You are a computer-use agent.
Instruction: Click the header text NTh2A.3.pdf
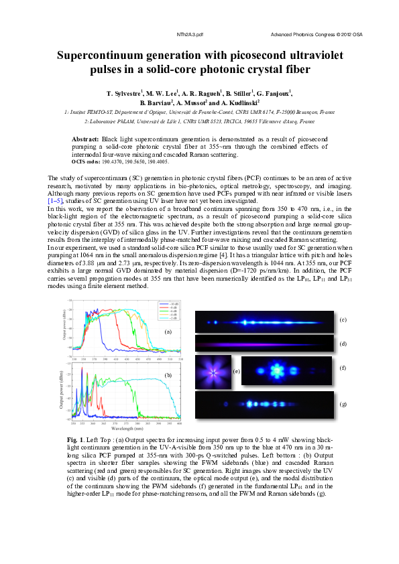pos(190,33)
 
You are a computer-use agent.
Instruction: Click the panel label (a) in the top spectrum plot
pos(168,331)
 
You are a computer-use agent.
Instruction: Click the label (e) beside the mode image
pos(235,370)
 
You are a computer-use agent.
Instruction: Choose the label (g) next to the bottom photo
pos(343,404)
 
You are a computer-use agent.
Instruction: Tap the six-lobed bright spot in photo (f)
pos(276,369)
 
